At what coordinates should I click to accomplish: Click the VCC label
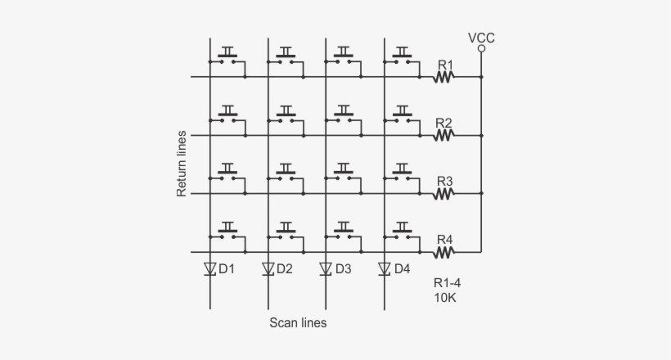click(x=481, y=37)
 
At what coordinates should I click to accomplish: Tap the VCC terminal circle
click(x=481, y=49)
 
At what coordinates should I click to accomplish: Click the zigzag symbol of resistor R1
click(x=444, y=78)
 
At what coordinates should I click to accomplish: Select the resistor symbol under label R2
click(x=444, y=136)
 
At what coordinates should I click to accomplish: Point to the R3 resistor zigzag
click(x=444, y=194)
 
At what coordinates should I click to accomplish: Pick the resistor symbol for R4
click(x=444, y=252)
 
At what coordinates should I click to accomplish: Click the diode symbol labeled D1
click(x=209, y=268)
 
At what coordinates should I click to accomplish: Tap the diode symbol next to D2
click(x=268, y=268)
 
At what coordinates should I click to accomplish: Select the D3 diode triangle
click(x=326, y=268)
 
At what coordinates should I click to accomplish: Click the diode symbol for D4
click(x=385, y=268)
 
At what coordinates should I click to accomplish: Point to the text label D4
click(x=403, y=268)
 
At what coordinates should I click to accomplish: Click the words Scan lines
click(x=298, y=323)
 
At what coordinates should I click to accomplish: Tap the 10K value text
click(x=445, y=298)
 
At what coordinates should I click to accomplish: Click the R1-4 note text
click(x=447, y=283)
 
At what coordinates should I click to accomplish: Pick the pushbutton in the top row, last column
click(x=403, y=57)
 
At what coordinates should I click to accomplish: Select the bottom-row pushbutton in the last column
click(x=403, y=232)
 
